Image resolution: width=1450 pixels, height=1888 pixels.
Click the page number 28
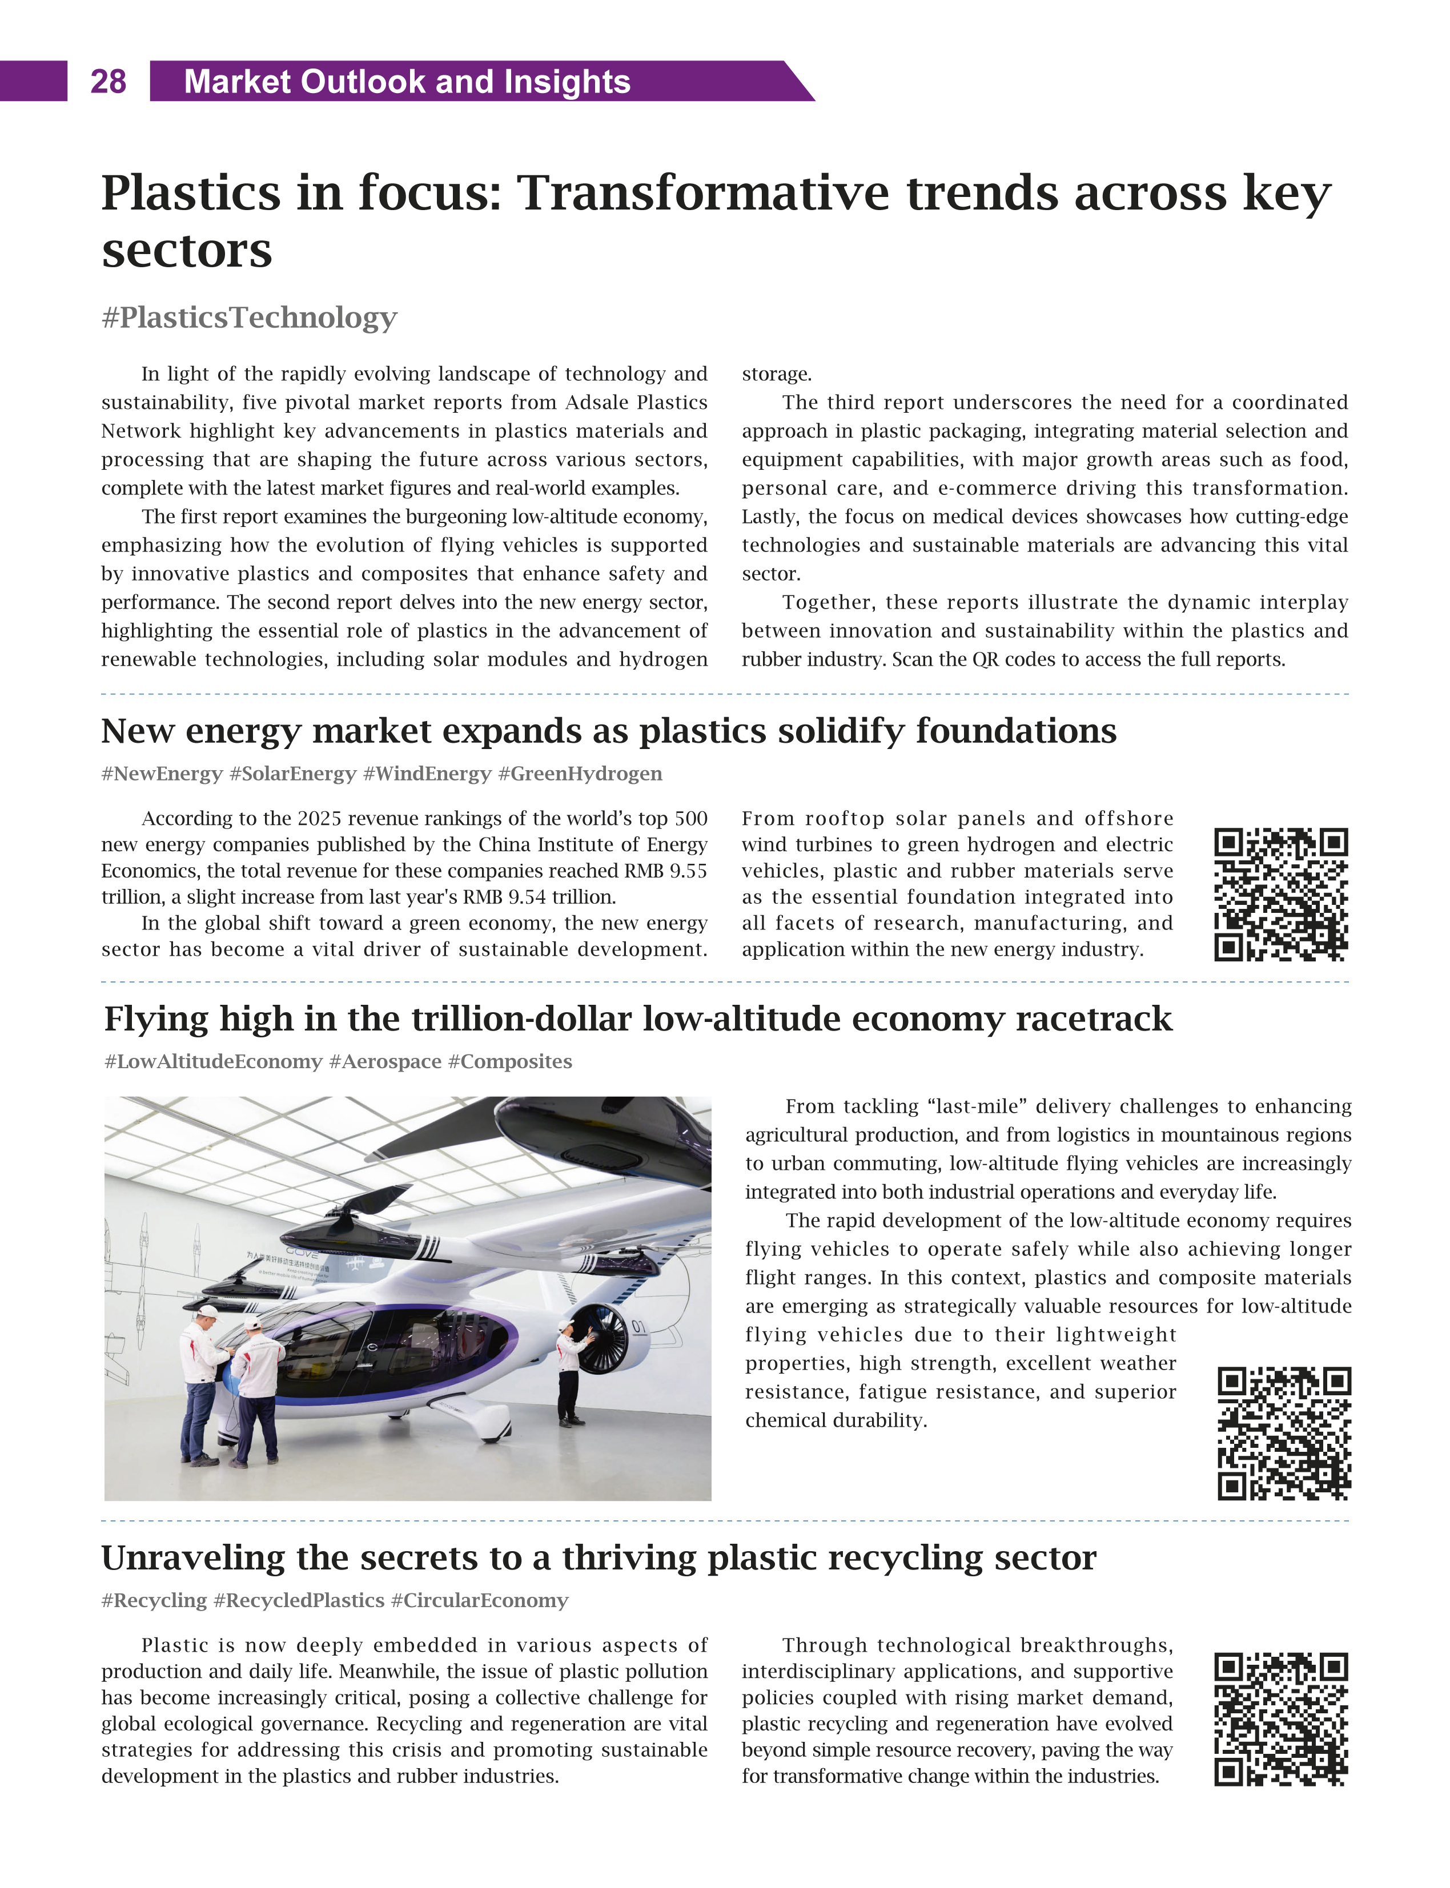pos(108,82)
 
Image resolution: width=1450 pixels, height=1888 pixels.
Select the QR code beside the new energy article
pos(1281,895)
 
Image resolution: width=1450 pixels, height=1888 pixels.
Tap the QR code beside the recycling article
pos(1281,1719)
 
